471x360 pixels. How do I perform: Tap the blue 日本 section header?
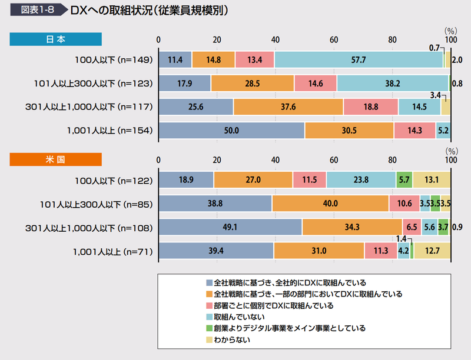pyautogui.click(x=56, y=39)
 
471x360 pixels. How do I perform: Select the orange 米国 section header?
pyautogui.click(x=56, y=159)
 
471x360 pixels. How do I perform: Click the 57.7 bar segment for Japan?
pyautogui.click(x=359, y=59)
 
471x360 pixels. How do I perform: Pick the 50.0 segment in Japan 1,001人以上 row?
pyautogui.click(x=231, y=131)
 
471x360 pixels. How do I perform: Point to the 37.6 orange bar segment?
pyautogui.click(x=288, y=107)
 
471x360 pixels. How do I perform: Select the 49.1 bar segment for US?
pyautogui.click(x=230, y=227)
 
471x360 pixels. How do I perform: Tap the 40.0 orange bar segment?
pyautogui.click(x=330, y=204)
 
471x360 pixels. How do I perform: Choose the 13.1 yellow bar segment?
pyautogui.click(x=432, y=179)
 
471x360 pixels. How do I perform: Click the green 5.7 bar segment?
pyautogui.click(x=404, y=179)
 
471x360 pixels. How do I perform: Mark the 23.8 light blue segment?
pyautogui.click(x=361, y=179)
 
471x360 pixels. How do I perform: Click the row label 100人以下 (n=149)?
pyautogui.click(x=110, y=60)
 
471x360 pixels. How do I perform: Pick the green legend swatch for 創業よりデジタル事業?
pyautogui.click(x=209, y=328)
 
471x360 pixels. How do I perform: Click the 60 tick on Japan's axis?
pyautogui.click(x=334, y=39)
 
